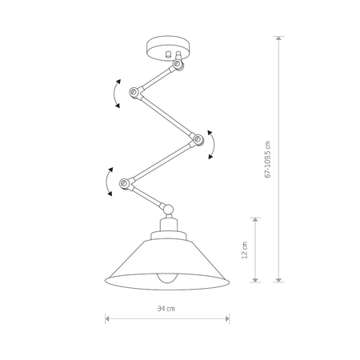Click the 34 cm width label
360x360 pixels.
pyautogui.click(x=166, y=306)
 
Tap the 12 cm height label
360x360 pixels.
pyautogui.click(x=245, y=250)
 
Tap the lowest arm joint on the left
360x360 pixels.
pyautogui.click(x=124, y=184)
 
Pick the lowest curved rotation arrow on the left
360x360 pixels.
pyautogui.click(x=106, y=182)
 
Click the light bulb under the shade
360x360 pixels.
pyautogui.click(x=166, y=280)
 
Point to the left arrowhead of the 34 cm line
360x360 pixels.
pyautogui.click(x=108, y=318)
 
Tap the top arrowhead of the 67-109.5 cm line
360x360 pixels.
pyautogui.click(x=278, y=40)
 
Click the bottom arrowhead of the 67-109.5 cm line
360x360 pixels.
pyautogui.click(x=278, y=280)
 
